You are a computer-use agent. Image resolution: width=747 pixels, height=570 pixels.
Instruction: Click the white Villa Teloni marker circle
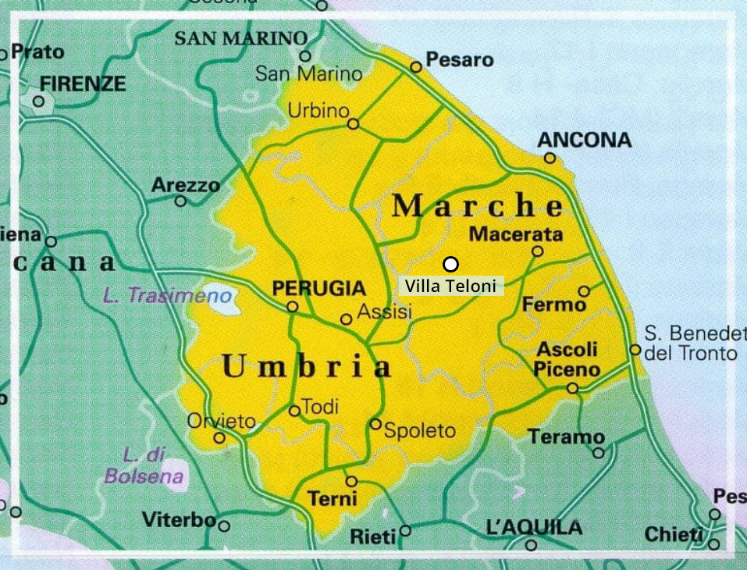[x=450, y=264]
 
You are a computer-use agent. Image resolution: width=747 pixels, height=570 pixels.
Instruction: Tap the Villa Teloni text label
[x=450, y=287]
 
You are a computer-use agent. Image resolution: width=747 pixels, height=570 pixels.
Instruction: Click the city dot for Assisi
[x=346, y=319]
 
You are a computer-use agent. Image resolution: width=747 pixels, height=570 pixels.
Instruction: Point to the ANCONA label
[x=585, y=140]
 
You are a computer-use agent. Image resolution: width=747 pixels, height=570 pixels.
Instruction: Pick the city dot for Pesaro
[x=416, y=67]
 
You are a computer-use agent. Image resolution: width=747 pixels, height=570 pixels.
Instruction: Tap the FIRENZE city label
[x=83, y=84]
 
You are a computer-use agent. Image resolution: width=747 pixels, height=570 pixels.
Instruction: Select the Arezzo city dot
[x=180, y=201]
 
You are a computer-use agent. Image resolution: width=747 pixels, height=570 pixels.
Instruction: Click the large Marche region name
[x=477, y=206]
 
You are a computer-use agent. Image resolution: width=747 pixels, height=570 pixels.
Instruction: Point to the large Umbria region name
[x=306, y=366]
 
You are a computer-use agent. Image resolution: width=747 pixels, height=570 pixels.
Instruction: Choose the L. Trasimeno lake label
[x=167, y=296]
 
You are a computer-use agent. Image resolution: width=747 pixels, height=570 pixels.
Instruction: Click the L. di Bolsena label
[x=144, y=465]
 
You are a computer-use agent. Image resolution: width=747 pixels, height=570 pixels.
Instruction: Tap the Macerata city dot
[x=537, y=251]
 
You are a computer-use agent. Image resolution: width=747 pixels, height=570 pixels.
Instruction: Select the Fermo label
[x=553, y=305]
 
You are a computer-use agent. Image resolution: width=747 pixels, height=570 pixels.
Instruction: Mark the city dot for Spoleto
[x=375, y=424]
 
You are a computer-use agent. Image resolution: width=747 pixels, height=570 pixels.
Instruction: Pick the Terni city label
[x=333, y=498]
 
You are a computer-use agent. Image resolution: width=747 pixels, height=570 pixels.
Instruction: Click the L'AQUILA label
[x=534, y=528]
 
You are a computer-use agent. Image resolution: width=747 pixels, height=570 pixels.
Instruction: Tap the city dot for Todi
[x=294, y=411]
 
